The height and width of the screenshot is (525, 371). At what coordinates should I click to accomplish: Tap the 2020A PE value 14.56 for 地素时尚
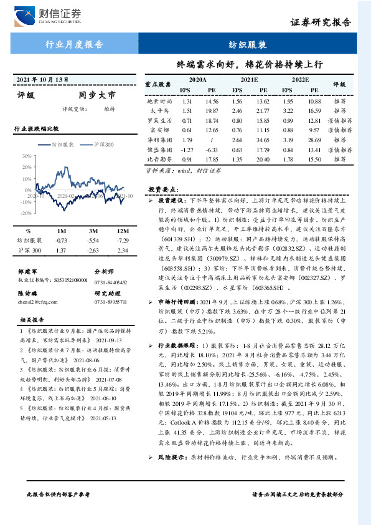tap(212, 100)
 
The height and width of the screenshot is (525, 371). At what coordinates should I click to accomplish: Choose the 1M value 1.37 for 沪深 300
tap(61, 250)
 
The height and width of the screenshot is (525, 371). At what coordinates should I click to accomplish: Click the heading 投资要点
tap(164, 188)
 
